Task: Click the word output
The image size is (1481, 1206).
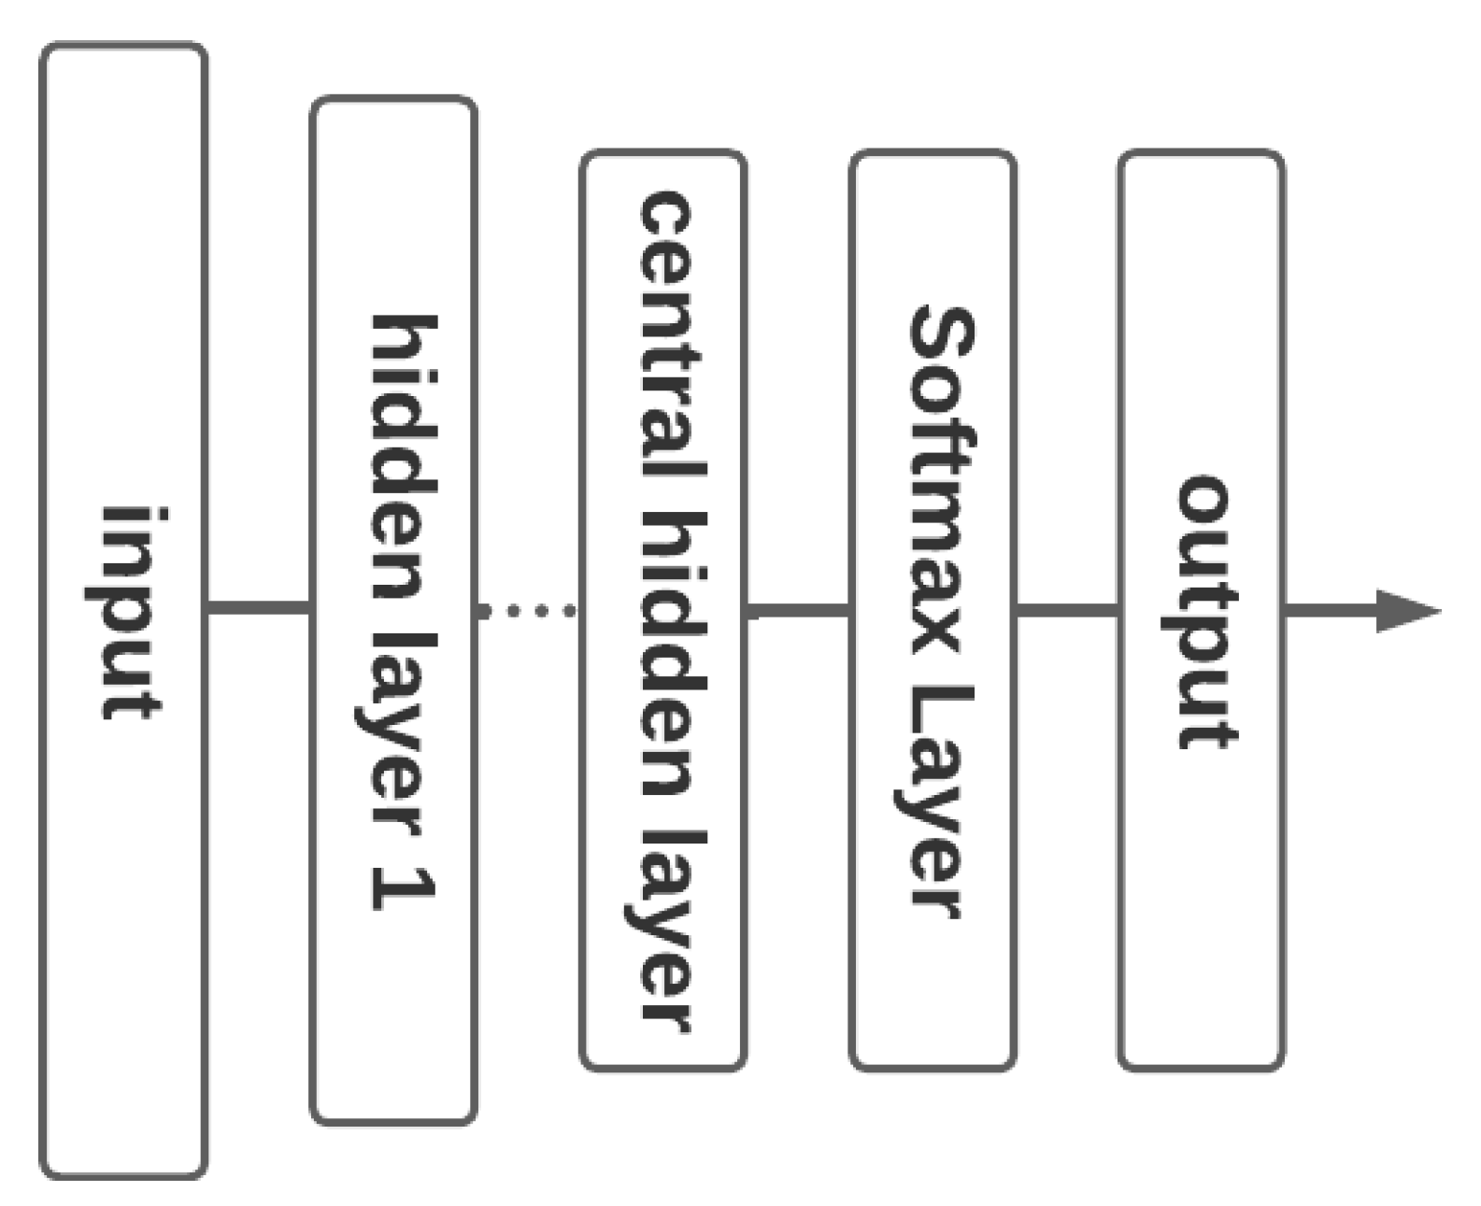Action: (1205, 612)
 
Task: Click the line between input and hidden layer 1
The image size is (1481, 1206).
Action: (258, 609)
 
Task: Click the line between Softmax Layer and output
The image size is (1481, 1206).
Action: (1067, 611)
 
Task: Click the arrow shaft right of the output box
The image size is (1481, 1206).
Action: (1327, 611)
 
